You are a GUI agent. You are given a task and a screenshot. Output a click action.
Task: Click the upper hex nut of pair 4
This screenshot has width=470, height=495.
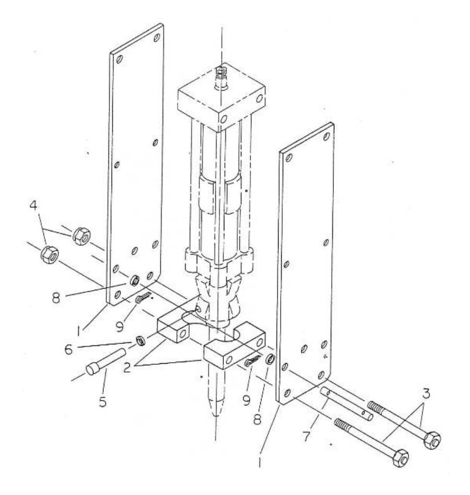coord(81,236)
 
